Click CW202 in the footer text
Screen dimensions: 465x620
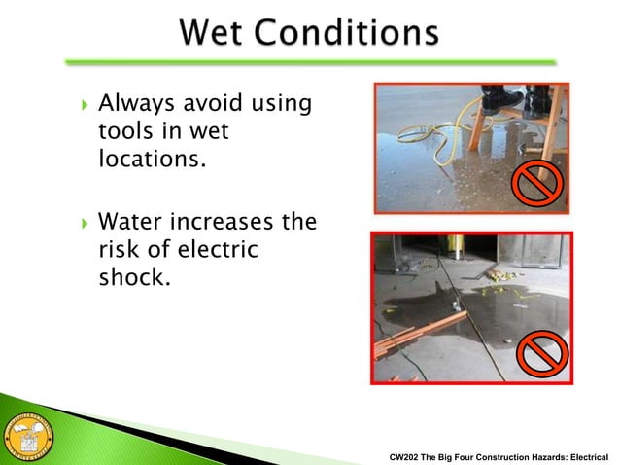tap(406, 454)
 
